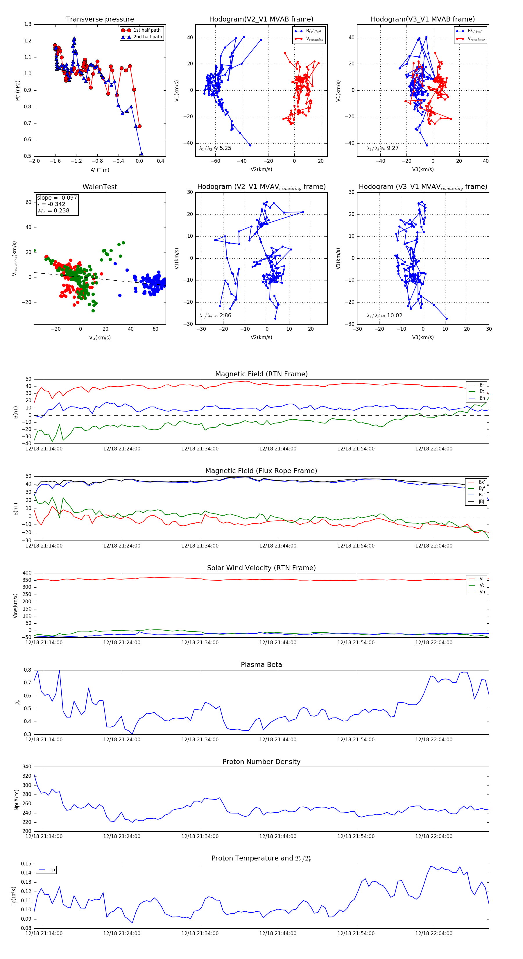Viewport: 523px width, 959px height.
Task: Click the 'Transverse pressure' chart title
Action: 100,19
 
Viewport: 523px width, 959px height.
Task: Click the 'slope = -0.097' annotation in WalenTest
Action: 57,198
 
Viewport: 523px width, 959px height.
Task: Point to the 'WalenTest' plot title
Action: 100,187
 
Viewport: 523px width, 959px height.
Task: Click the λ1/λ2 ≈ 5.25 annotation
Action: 215,148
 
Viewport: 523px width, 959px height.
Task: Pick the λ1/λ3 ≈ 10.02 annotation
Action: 384,316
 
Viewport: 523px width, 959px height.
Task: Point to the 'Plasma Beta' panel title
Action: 261,665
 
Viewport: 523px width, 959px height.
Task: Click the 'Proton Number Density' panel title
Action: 261,762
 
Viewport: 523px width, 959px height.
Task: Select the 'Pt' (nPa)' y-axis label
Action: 17,90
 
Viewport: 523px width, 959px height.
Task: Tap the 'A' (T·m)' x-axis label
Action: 100,170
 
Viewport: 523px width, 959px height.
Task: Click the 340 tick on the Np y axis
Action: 27,767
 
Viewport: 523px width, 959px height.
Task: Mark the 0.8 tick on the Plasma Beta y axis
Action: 28,670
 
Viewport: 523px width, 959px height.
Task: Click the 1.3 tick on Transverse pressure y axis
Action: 28,24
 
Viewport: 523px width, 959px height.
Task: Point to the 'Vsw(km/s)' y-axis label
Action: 15,605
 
